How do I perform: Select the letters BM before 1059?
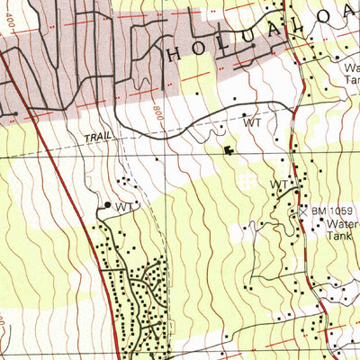click(x=319, y=211)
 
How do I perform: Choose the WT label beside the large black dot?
click(x=124, y=206)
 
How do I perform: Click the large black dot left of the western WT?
click(x=108, y=205)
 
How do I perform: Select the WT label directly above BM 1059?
click(x=279, y=184)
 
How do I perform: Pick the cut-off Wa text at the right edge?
click(x=351, y=67)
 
